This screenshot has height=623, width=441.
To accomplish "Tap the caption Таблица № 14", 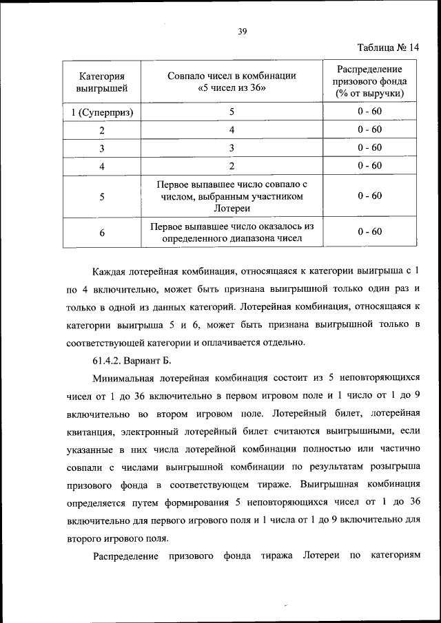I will tap(388, 47).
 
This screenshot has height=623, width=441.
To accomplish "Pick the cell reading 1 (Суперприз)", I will tap(101, 112).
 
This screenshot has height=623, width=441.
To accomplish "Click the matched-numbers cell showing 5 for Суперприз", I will tap(232, 112).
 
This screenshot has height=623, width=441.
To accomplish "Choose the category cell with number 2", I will tap(101, 130).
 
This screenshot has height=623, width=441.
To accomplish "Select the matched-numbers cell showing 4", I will tap(232, 129).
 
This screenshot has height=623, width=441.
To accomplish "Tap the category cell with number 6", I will tap(101, 233).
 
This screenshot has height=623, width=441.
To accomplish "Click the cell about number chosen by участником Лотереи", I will tap(232, 197).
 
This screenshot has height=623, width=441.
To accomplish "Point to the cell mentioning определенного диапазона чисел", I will tap(232, 233).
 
